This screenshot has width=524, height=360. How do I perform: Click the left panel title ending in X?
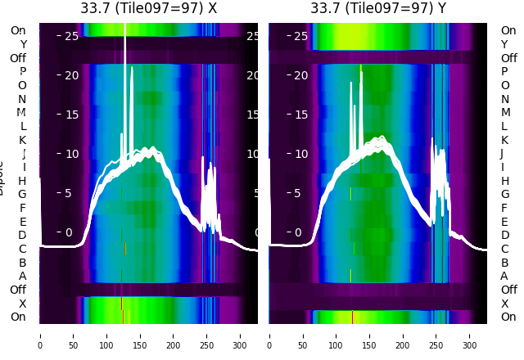[x=148, y=8]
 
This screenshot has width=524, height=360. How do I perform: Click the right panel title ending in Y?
[x=378, y=8]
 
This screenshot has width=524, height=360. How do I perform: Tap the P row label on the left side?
[x=23, y=71]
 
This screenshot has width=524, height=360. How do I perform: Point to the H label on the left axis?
[x=23, y=181]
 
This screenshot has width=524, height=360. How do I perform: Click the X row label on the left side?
[x=23, y=304]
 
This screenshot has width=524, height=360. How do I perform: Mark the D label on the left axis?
[x=23, y=235]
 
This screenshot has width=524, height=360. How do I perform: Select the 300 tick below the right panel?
[x=470, y=335]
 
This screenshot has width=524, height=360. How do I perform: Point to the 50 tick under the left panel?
[x=73, y=335]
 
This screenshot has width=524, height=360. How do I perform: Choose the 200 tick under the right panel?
[x=403, y=335]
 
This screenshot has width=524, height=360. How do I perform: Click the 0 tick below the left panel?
[x=39, y=335]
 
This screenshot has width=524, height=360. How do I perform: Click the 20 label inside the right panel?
[x=301, y=75]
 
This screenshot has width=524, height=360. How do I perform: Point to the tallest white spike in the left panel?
[x=124, y=49]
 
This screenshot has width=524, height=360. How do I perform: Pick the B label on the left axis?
[x=23, y=263]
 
